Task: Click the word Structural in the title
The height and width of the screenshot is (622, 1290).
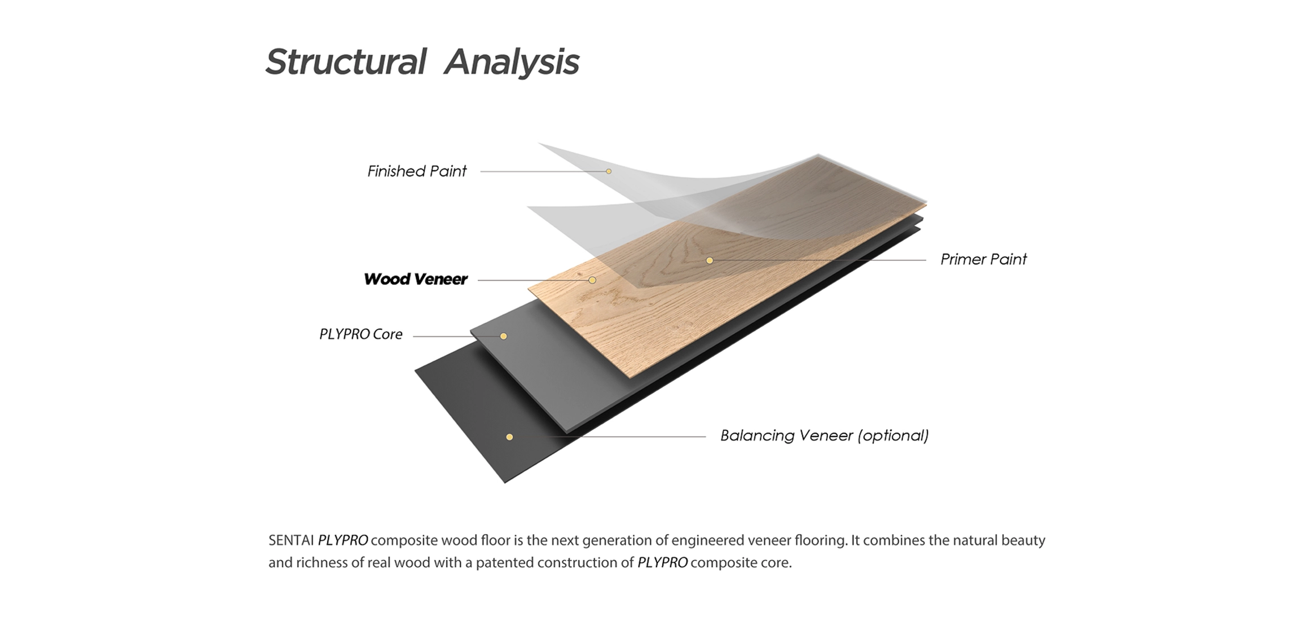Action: tap(346, 61)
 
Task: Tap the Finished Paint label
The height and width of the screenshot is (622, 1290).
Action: tap(417, 171)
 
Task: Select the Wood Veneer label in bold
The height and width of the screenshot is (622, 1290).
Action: tap(416, 279)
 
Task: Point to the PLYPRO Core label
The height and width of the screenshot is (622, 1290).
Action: tap(361, 334)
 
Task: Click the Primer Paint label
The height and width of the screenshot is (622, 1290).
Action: tap(984, 259)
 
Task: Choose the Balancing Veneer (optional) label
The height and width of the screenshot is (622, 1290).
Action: tap(825, 435)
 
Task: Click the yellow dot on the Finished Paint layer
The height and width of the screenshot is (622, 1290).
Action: tap(609, 171)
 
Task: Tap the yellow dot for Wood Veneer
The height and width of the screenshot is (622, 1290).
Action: tap(592, 280)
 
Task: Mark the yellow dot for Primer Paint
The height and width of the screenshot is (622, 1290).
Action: tap(710, 261)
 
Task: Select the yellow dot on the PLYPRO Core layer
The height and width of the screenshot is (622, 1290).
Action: tap(504, 337)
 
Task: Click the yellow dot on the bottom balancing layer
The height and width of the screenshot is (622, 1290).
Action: tap(509, 437)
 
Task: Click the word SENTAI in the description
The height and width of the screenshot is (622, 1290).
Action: tap(291, 540)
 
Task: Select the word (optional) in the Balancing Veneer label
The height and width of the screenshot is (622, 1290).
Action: tap(893, 436)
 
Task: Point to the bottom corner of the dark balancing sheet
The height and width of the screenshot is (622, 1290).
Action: tap(505, 483)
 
